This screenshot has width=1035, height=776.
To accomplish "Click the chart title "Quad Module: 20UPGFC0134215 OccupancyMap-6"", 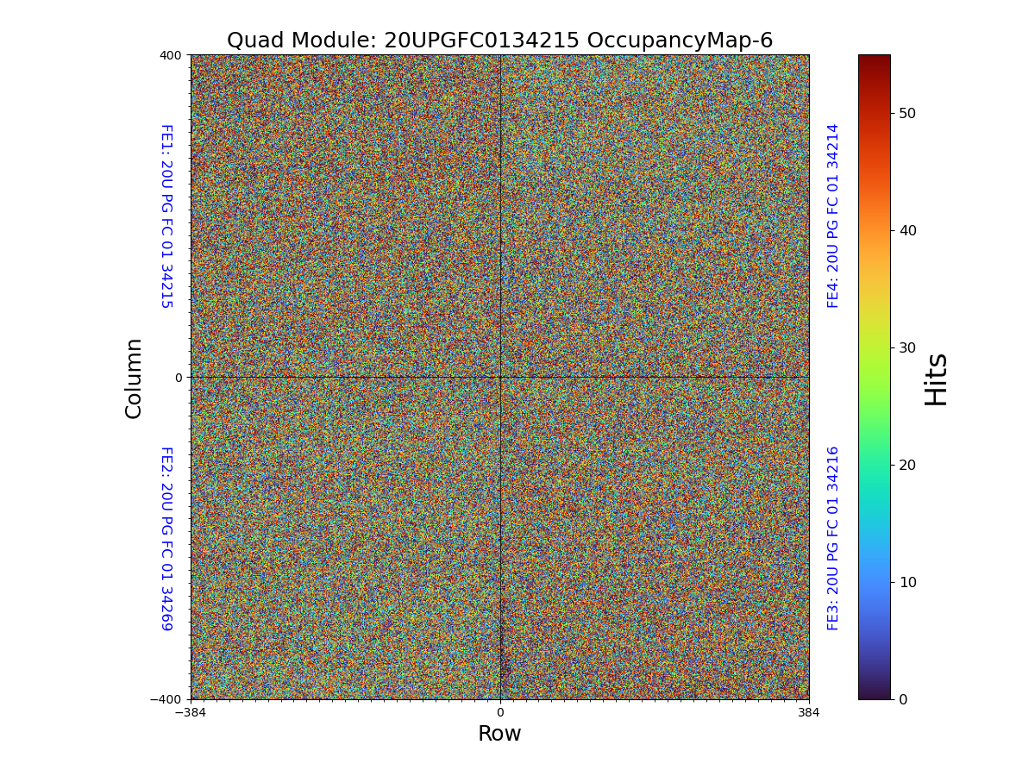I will tap(499, 41).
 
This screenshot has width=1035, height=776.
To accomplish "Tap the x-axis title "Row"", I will tap(499, 734).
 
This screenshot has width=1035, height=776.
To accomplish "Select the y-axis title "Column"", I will tap(134, 378).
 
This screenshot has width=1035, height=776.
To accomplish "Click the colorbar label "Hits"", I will tap(936, 379).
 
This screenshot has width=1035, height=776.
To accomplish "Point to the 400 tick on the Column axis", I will tap(170, 55).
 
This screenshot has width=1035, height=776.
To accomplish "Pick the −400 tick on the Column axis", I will tap(166, 699).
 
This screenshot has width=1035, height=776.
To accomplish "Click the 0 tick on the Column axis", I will tap(179, 378).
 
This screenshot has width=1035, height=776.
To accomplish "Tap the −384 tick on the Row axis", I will tap(191, 712).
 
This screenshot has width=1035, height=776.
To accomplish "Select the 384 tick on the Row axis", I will tap(809, 712).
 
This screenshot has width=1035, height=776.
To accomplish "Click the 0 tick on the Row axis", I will tap(499, 712).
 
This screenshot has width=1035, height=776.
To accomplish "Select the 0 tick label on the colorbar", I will tap(902, 699).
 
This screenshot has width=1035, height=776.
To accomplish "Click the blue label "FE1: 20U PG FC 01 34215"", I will tap(166, 216).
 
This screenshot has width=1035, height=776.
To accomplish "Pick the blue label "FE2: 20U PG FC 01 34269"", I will tap(166, 538).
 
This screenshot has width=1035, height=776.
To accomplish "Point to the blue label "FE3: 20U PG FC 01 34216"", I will tap(833, 538).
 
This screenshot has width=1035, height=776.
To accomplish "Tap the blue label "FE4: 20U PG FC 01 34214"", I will tap(833, 216).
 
